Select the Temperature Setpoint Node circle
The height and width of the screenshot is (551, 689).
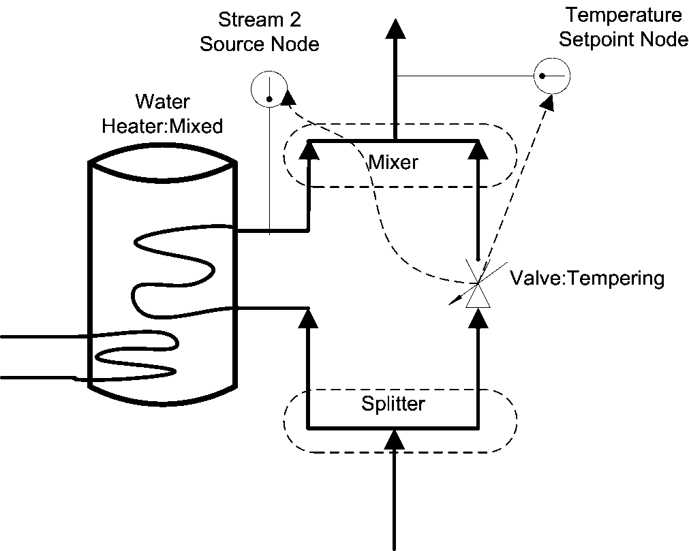[552, 75]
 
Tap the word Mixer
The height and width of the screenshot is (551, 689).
[393, 163]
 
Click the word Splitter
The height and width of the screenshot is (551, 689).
[393, 404]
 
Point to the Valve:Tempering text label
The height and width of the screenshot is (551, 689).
[587, 279]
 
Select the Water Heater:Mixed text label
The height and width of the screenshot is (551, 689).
[162, 114]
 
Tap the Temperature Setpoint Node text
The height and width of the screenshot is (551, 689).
[623, 27]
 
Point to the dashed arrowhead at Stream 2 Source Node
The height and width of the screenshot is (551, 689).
[288, 97]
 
